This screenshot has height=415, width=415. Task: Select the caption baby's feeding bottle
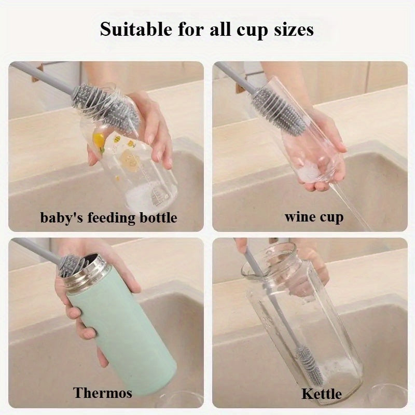pos(108,217)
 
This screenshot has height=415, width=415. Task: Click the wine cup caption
pos(314,216)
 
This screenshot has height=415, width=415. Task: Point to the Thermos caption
pos(103,393)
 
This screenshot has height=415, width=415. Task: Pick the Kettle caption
pos(322,394)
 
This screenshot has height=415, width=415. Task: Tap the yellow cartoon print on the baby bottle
pos(99,139)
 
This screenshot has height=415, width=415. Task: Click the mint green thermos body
pos(119,327)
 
